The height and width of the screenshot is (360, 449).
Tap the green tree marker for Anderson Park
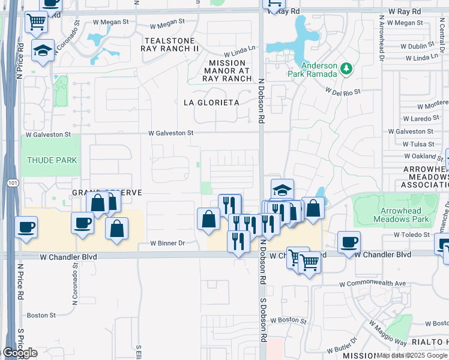tap(346, 70)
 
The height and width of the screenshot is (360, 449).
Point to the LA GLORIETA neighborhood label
tap(211, 103)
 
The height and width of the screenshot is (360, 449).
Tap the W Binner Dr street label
tap(167, 244)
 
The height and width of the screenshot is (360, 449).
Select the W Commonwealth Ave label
tap(372, 283)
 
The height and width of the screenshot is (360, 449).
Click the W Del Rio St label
tap(343, 92)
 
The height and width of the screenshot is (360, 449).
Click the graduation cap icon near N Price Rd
tap(42, 50)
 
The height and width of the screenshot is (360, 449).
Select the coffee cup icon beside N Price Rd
tap(26, 227)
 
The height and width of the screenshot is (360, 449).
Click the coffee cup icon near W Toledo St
tap(349, 241)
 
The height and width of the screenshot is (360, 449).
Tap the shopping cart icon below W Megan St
tap(37, 22)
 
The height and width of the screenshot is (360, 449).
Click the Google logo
tap(19, 353)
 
